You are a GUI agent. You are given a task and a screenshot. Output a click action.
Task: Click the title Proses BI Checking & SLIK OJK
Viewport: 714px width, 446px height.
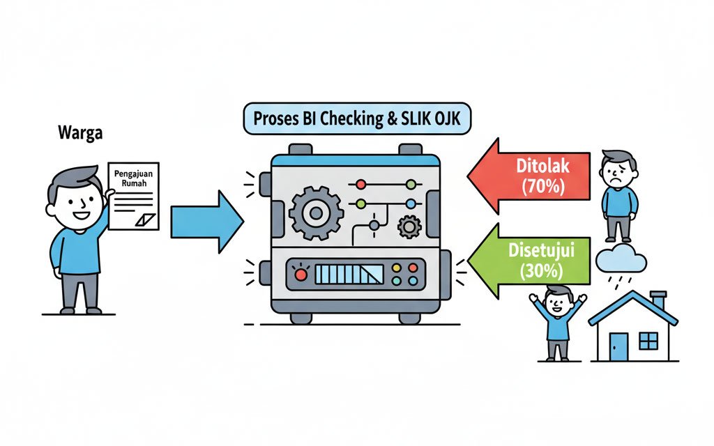click(357, 118)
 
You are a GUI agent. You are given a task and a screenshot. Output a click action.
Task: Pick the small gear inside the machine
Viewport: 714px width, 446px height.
click(409, 226)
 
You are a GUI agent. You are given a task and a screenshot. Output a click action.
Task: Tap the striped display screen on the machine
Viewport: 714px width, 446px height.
click(349, 274)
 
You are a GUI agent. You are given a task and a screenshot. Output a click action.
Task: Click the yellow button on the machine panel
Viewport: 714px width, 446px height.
click(397, 268)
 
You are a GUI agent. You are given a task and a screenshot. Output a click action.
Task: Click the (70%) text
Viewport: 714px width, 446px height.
click(543, 186)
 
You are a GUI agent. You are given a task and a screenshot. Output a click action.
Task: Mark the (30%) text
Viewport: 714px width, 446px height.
click(543, 272)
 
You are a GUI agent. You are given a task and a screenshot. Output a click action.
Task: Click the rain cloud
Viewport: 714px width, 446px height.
click(621, 261)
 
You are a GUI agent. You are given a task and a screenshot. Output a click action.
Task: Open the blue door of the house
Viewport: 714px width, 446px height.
click(618, 346)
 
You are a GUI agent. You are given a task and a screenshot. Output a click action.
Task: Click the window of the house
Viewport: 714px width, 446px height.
click(648, 340)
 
